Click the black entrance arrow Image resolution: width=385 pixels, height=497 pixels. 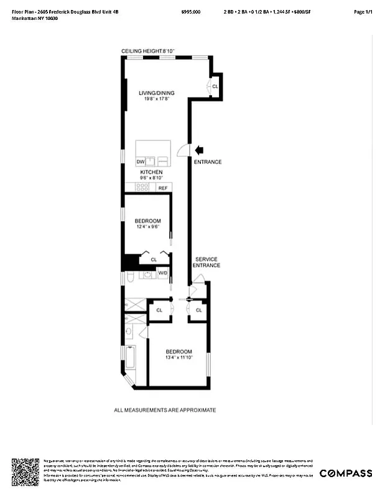coord(200,149)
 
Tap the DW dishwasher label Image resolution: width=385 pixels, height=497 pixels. coord(141,162)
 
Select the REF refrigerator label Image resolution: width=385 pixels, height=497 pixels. coord(163,188)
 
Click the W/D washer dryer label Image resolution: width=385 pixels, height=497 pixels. coord(162,273)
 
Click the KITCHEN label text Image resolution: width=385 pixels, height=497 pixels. coord(151,172)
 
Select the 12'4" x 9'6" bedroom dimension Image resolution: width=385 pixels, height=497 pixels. coord(148,227)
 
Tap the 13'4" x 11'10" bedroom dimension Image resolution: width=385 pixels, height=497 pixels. coord(179,357)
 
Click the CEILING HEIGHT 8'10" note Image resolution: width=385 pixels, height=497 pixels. coord(149,50)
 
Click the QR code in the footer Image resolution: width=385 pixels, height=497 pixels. coord(26,472)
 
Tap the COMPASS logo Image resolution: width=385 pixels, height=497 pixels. coord(346,473)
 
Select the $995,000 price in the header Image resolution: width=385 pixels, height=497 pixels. coord(191,12)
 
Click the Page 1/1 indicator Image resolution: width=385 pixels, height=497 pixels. coord(363,12)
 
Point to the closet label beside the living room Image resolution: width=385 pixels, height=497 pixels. coord(215,86)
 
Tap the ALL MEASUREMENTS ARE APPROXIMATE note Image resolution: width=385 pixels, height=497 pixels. coord(165,410)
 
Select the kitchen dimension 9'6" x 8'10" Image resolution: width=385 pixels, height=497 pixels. coord(151,178)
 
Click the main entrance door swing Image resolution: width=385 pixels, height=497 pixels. coord(183,150)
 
